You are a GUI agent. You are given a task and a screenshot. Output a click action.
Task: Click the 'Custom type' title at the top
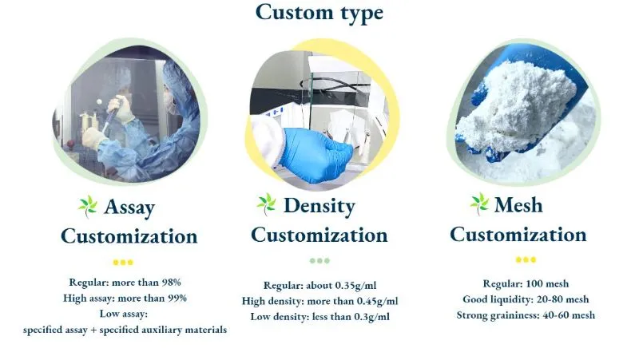coord(319,14)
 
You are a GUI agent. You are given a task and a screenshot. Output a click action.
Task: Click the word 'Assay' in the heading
coord(129,208)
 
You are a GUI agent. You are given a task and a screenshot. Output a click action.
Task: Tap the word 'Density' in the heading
coord(319,206)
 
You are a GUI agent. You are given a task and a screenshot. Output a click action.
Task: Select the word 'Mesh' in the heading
coord(518,205)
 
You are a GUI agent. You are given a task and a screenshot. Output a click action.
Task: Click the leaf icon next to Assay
coord(87,206)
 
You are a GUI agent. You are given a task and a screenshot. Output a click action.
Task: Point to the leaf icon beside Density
coord(266,204)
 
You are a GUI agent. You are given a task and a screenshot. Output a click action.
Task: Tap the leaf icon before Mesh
coord(479,203)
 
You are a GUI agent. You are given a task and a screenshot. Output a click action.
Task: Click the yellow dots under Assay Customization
coord(123,262)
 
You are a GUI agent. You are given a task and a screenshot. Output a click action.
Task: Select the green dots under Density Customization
coord(319,260)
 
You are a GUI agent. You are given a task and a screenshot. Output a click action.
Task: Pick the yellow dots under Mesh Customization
coord(526,259)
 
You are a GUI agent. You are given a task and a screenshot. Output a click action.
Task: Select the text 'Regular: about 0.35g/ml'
coord(319,286)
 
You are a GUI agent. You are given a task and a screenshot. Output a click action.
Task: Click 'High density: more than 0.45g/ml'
coord(319,301)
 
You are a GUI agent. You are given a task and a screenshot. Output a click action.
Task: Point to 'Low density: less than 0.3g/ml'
coord(319,317)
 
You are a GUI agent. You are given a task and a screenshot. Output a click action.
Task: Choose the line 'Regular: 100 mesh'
coord(526,284)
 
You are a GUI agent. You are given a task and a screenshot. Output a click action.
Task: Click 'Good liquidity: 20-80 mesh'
coord(526,299)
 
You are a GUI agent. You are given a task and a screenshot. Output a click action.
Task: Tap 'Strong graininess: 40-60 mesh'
coord(526,315)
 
